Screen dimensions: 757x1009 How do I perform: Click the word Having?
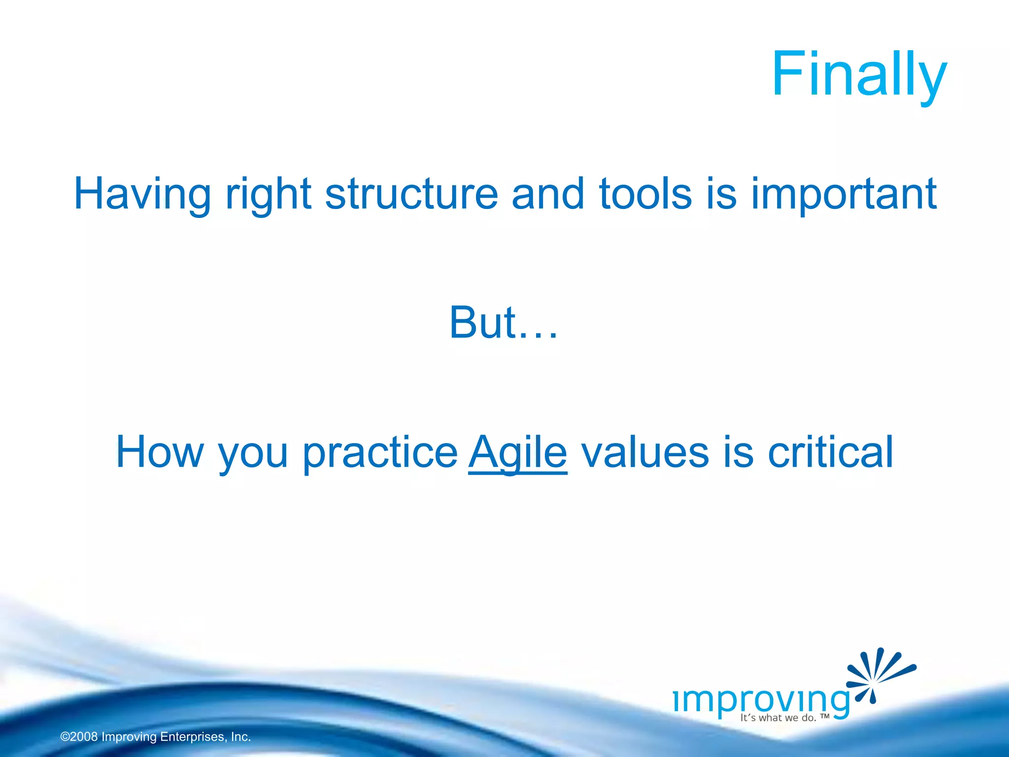click(142, 194)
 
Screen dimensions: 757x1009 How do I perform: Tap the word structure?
click(411, 194)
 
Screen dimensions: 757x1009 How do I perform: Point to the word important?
click(843, 195)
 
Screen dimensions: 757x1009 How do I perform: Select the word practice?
click(380, 453)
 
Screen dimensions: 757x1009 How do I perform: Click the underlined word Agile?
click(518, 453)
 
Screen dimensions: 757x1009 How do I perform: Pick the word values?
click(645, 452)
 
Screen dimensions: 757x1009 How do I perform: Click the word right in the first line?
click(268, 195)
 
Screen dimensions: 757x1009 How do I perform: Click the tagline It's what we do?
click(778, 718)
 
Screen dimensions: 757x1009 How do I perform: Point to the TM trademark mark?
click(825, 716)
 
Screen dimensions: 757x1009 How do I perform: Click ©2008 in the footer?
click(79, 737)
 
